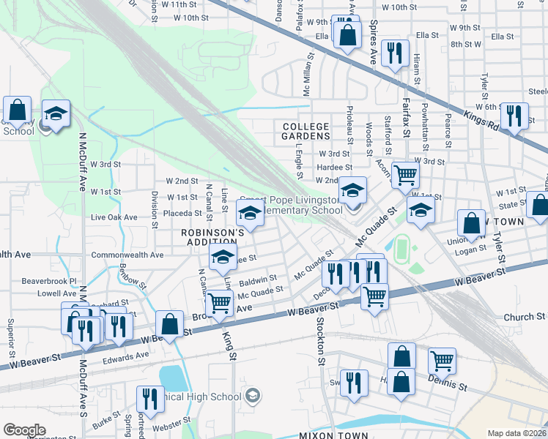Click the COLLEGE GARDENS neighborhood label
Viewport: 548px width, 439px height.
pyautogui.click(x=307, y=131)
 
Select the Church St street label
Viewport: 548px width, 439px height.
pyautogui.click(x=525, y=317)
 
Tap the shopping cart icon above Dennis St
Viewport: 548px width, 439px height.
pyautogui.click(x=442, y=360)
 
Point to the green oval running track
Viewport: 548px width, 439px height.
pyautogui.click(x=401, y=249)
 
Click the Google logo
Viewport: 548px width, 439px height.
pyautogui.click(x=24, y=430)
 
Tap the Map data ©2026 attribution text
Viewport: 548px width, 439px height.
pyautogui.click(x=517, y=433)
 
